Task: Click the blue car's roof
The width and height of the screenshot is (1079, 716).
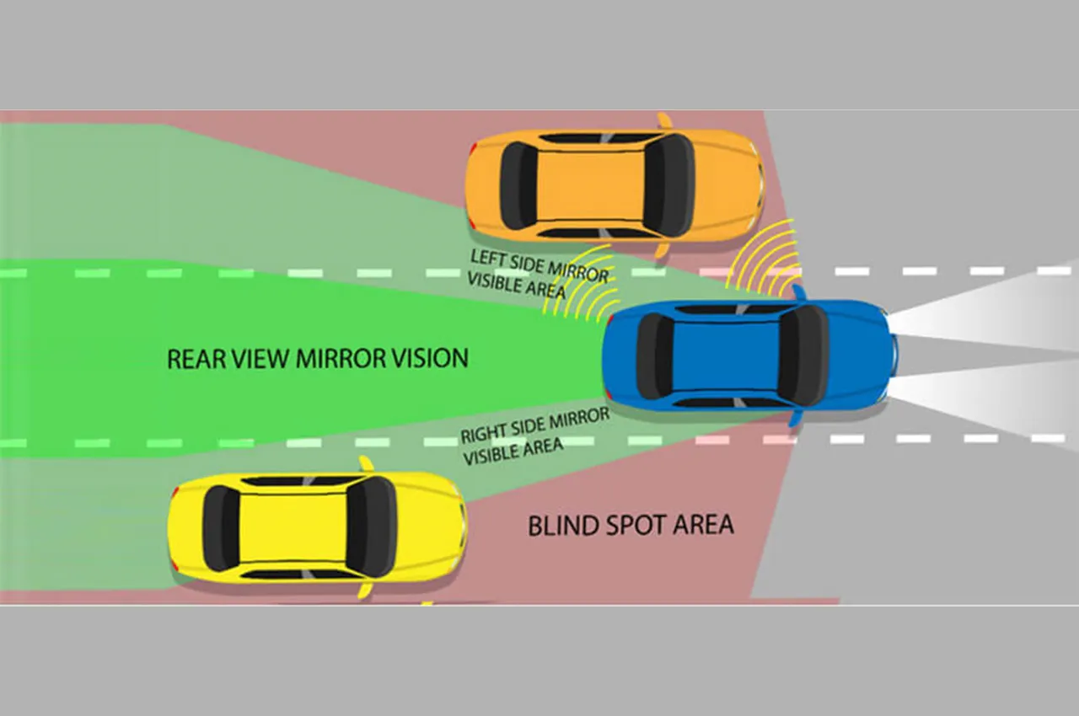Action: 725,356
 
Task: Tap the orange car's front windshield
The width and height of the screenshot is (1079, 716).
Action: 668,185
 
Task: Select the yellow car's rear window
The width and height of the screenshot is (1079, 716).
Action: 221,528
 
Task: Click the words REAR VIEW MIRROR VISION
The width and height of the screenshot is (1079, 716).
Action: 318,359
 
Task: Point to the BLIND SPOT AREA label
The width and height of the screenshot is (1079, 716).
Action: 631,525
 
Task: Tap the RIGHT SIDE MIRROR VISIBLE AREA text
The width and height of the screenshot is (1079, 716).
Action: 534,436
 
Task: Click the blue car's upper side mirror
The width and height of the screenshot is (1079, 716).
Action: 799,292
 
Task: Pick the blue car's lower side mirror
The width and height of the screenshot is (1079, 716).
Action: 795,418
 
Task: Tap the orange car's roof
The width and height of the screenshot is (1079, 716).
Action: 591,185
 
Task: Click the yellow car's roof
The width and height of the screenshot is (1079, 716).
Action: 293,528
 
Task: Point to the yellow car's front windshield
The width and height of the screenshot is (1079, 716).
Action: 372,527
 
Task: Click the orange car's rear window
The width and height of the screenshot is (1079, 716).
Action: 518,185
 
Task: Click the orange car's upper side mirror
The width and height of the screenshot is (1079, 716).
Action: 664,120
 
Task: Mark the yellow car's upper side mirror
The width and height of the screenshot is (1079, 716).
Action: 367,464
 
